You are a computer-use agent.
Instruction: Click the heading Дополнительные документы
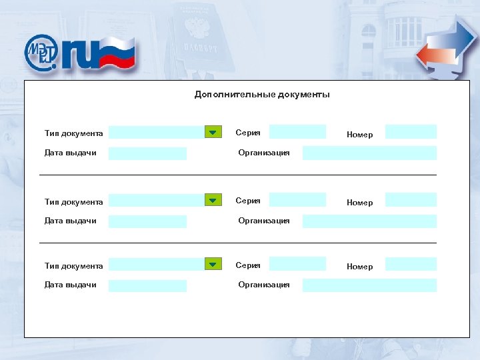coord(262,95)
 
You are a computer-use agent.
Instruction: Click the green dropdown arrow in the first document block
coord(212,132)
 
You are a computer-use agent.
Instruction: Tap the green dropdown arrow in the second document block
coord(212,200)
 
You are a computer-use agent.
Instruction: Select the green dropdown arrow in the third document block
coord(212,264)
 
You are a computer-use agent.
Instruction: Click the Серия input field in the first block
coord(297,131)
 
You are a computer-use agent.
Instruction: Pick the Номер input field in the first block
coord(411,132)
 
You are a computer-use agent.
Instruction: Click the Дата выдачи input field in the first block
coord(147,153)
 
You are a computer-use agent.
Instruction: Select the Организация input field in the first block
coord(369,153)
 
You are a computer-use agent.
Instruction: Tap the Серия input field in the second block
coord(297,199)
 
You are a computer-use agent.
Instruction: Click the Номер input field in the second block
coord(411,200)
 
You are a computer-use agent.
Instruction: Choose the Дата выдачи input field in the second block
coord(147,221)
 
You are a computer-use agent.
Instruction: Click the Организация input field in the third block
coord(369,285)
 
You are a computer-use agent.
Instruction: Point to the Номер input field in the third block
coord(411,264)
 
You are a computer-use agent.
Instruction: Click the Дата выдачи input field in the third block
coord(147,285)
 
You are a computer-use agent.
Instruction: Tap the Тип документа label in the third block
coord(73,266)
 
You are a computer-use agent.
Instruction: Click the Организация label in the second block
coord(264,221)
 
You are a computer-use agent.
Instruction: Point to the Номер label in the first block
coord(360,135)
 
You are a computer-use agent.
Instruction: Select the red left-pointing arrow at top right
coord(430,56)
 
